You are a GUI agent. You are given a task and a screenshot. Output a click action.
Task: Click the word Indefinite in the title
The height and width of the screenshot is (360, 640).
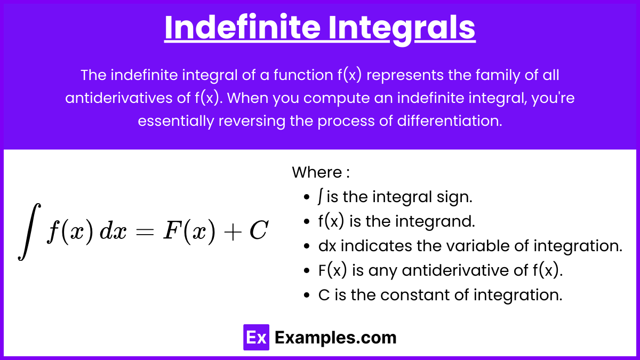[x=242, y=27]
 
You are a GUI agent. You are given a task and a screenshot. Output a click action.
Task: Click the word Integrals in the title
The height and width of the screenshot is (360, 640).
[x=402, y=29]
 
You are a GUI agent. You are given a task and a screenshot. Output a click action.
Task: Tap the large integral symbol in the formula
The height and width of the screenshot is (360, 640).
[x=29, y=231]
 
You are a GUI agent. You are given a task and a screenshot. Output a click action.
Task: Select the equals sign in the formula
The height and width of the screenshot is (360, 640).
[x=145, y=231]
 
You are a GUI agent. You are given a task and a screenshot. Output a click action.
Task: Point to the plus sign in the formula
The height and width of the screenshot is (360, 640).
[x=233, y=231]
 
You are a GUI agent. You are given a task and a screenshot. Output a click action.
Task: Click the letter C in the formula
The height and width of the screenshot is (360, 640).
[x=259, y=230]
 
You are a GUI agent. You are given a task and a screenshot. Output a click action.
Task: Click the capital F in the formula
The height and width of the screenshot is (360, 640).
[x=173, y=230]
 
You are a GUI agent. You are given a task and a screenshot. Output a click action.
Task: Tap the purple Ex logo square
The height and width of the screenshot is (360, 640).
[x=256, y=337]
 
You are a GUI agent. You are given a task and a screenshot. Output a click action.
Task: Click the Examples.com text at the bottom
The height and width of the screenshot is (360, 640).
[x=335, y=338]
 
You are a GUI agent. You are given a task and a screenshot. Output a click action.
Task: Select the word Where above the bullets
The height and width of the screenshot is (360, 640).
[x=317, y=172]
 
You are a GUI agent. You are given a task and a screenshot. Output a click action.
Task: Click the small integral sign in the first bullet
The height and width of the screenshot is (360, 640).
[x=321, y=197]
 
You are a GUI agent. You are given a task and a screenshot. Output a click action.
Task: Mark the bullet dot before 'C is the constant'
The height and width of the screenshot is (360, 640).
[x=307, y=295]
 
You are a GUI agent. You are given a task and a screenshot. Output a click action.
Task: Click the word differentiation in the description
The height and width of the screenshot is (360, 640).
[x=450, y=121]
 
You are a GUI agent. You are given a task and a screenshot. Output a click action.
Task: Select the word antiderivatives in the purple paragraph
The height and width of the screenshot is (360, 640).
[x=118, y=98]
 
